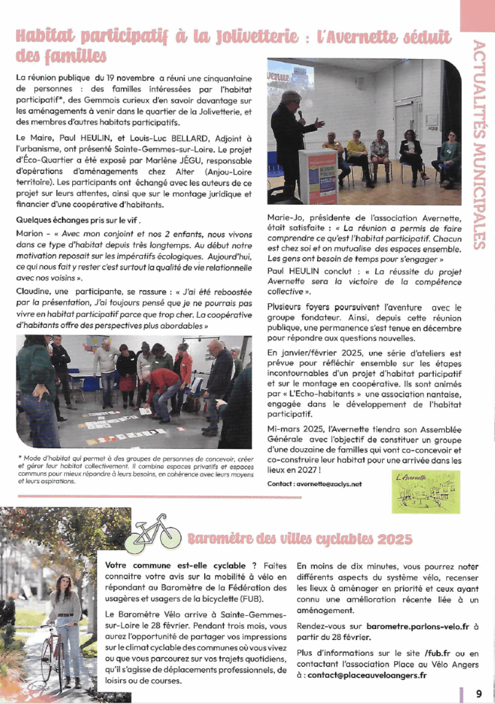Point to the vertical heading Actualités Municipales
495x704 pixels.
tap(479, 144)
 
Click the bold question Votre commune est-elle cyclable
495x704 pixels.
tap(176, 566)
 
